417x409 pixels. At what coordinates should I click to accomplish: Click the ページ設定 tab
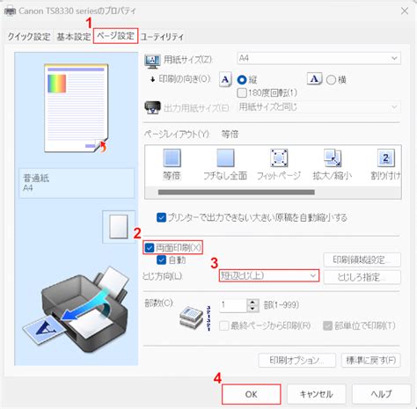click(x=116, y=37)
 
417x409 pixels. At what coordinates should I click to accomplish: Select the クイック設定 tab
click(x=28, y=37)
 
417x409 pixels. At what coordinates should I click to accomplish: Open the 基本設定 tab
click(x=73, y=37)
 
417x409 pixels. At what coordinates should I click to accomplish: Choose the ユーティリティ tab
click(x=163, y=37)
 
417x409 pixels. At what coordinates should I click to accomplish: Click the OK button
click(x=251, y=394)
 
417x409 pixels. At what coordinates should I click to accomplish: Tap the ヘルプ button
click(x=381, y=394)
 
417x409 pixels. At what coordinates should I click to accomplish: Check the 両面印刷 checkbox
click(x=150, y=247)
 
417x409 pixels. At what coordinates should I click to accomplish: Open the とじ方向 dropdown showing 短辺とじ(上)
click(x=267, y=275)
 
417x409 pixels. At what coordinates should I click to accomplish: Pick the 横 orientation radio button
click(x=332, y=78)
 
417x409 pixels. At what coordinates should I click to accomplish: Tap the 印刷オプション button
click(x=293, y=360)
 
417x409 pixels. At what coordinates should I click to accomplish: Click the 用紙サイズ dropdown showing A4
click(x=318, y=58)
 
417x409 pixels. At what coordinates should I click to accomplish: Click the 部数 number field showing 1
click(x=234, y=304)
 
